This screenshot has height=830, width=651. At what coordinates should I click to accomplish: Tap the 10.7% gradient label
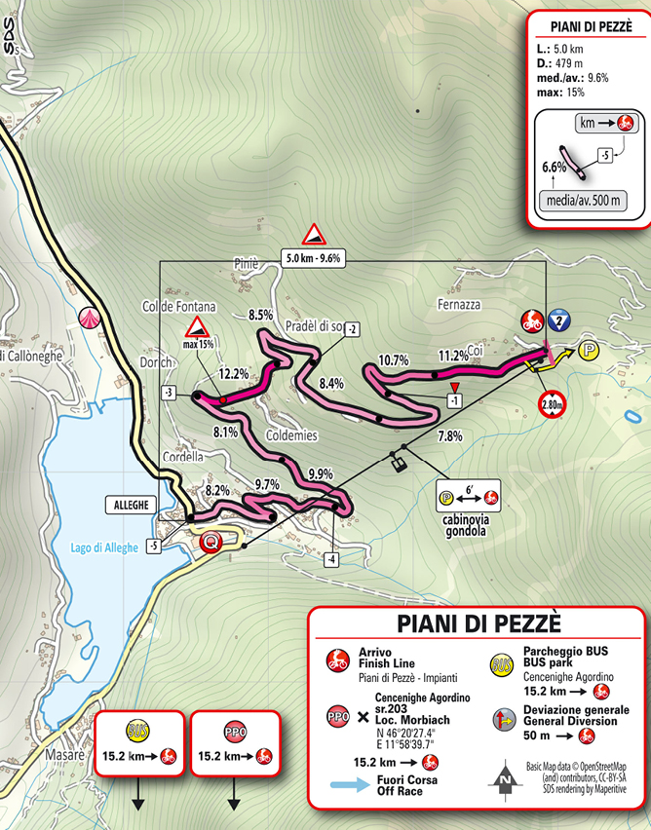[393, 359]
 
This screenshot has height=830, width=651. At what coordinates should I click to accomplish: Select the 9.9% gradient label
[320, 474]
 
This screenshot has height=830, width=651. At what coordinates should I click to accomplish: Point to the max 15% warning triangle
[199, 327]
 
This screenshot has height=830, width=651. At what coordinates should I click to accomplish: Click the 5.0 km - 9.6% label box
[314, 259]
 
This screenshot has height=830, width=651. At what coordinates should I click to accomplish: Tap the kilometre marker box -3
[169, 393]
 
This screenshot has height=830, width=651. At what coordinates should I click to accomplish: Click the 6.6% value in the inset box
[555, 167]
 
